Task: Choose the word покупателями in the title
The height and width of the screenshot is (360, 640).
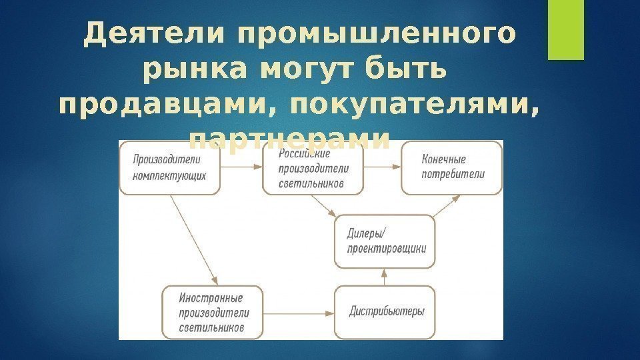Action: (414, 106)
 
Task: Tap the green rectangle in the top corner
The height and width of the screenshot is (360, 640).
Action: (561, 29)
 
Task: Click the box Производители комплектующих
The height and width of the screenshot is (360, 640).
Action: (169, 169)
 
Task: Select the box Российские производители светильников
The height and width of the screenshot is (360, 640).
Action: (313, 169)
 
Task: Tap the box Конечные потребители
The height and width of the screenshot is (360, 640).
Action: (451, 169)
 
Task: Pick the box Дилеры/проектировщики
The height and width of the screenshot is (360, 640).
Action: (385, 241)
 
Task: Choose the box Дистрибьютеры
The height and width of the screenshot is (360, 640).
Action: (385, 311)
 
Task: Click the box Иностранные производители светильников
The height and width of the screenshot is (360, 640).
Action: (212, 311)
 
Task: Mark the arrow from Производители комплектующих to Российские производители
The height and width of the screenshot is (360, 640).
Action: (241, 169)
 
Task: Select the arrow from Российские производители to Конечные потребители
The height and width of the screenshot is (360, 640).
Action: (382, 169)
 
